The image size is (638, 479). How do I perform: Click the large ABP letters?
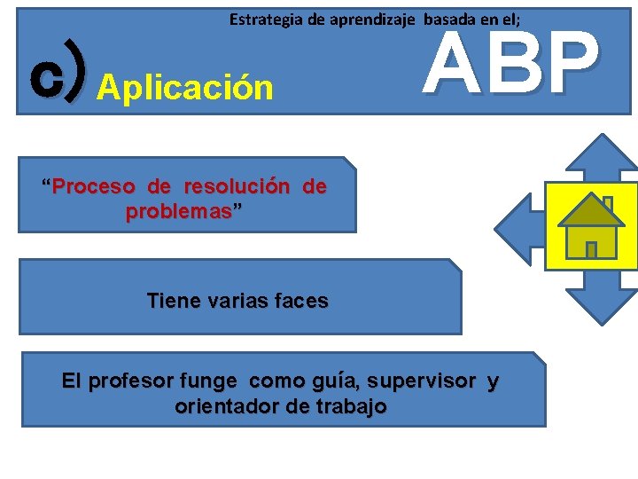pos(510,64)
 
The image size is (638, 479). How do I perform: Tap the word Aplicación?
pos(185,88)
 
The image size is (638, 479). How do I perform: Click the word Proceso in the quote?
pos(93,187)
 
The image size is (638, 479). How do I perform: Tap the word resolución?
pos(237,187)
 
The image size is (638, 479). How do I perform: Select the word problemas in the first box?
pos(178,213)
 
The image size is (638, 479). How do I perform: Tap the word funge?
pos(208,381)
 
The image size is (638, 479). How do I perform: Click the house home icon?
pos(590,227)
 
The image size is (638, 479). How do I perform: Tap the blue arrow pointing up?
pos(602,160)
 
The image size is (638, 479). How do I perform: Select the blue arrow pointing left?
pos(519,227)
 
